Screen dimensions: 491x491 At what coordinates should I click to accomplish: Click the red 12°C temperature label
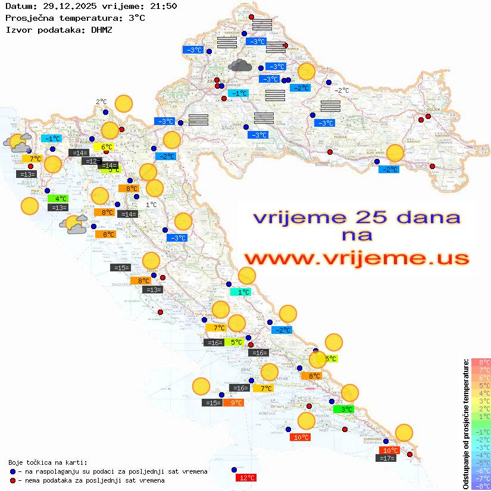(246, 477)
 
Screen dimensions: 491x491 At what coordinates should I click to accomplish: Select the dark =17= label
(387, 458)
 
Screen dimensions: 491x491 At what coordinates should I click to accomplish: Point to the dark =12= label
(92, 161)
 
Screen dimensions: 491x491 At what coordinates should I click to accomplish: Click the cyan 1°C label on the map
(241, 292)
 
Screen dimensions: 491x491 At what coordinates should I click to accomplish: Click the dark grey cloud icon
(240, 65)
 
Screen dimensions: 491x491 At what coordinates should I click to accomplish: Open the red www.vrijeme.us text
(356, 258)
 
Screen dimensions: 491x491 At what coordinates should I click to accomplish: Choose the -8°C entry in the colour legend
(481, 486)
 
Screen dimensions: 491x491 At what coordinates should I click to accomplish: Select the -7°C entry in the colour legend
(481, 478)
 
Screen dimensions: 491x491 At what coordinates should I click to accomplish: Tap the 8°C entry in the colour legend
(481, 362)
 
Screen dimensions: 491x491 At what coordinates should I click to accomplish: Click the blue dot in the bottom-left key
(12, 471)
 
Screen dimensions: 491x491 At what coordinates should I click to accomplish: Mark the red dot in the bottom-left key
(12, 480)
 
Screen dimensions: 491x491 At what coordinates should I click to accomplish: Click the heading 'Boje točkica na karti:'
(48, 462)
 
